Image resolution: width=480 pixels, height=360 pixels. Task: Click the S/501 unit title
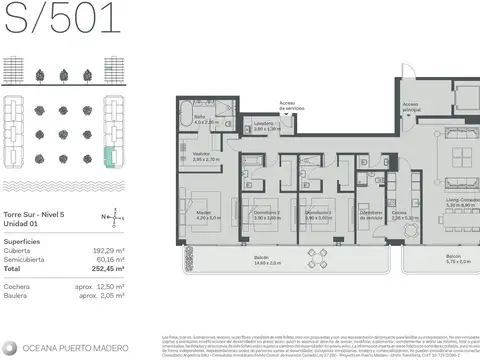[x=61, y=19]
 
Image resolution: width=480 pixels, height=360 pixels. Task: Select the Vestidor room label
[x=206, y=155]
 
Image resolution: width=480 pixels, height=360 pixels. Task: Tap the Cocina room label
[x=399, y=213]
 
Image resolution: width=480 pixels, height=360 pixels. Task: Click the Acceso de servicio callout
[x=287, y=106]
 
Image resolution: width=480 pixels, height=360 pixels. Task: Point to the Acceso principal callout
[x=410, y=106]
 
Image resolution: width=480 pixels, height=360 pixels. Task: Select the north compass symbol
[x=118, y=215]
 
